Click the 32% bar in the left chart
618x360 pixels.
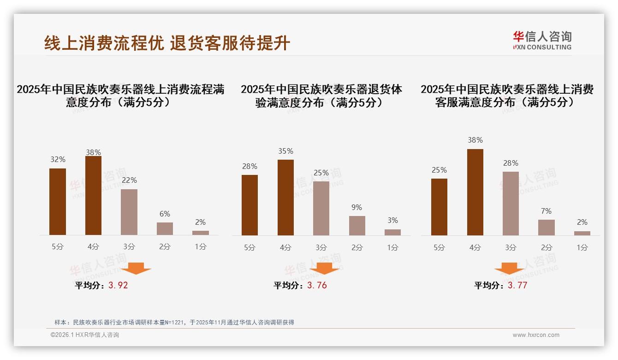58,202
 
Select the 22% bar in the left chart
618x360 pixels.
129,212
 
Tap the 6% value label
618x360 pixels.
165,214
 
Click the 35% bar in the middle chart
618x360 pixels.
285,197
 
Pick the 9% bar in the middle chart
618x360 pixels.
357,225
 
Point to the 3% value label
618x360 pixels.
392,220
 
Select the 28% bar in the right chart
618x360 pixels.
511,203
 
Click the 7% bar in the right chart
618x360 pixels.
547,227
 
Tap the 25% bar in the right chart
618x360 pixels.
439,207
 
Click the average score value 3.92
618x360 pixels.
118,285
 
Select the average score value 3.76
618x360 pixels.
317,285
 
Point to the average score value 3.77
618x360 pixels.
517,285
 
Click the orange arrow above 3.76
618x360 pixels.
324,268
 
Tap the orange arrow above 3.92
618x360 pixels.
136,268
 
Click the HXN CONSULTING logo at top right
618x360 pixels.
542,41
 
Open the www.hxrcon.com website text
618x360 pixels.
536,335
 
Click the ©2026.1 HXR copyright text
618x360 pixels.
85,335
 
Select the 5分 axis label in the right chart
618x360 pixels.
439,247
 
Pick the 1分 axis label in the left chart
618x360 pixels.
201,246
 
